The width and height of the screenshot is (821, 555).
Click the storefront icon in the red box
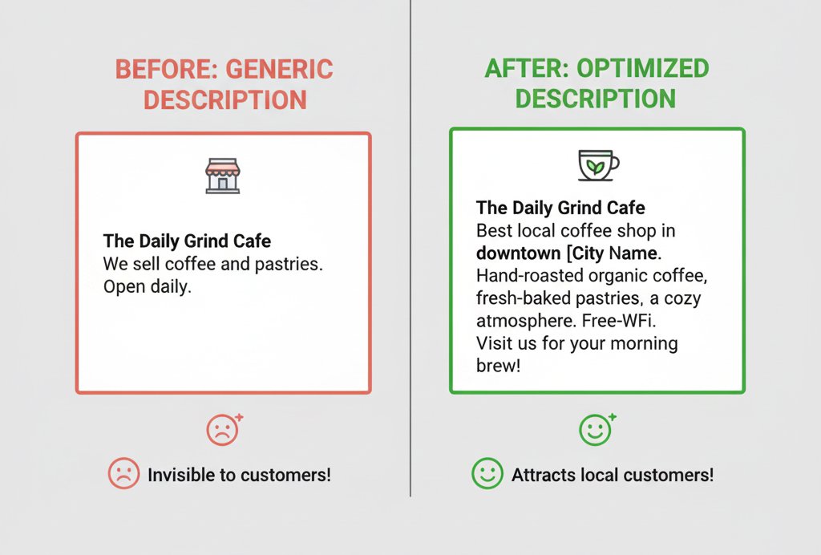click(x=223, y=176)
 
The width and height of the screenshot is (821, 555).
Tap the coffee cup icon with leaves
click(x=598, y=165)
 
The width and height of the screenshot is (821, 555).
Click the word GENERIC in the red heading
click(x=279, y=70)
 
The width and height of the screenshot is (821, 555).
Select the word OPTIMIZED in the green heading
click(x=643, y=69)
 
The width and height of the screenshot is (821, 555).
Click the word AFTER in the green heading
click(x=527, y=69)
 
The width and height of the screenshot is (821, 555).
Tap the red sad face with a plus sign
click(x=224, y=429)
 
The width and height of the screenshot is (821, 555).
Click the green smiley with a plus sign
click(x=597, y=429)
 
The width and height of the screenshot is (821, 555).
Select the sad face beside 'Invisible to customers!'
click(x=123, y=473)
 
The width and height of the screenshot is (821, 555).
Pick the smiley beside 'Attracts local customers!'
click(x=487, y=473)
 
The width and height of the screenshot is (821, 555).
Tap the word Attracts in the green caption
click(x=544, y=475)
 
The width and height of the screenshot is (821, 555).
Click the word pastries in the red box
click(x=289, y=265)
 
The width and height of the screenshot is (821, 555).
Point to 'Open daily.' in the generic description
click(x=148, y=287)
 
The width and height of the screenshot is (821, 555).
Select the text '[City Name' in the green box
click(x=612, y=253)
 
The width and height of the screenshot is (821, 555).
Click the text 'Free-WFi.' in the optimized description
click(x=619, y=321)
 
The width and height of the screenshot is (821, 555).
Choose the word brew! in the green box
click(x=499, y=366)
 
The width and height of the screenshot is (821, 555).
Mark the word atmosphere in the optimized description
click(x=526, y=321)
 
